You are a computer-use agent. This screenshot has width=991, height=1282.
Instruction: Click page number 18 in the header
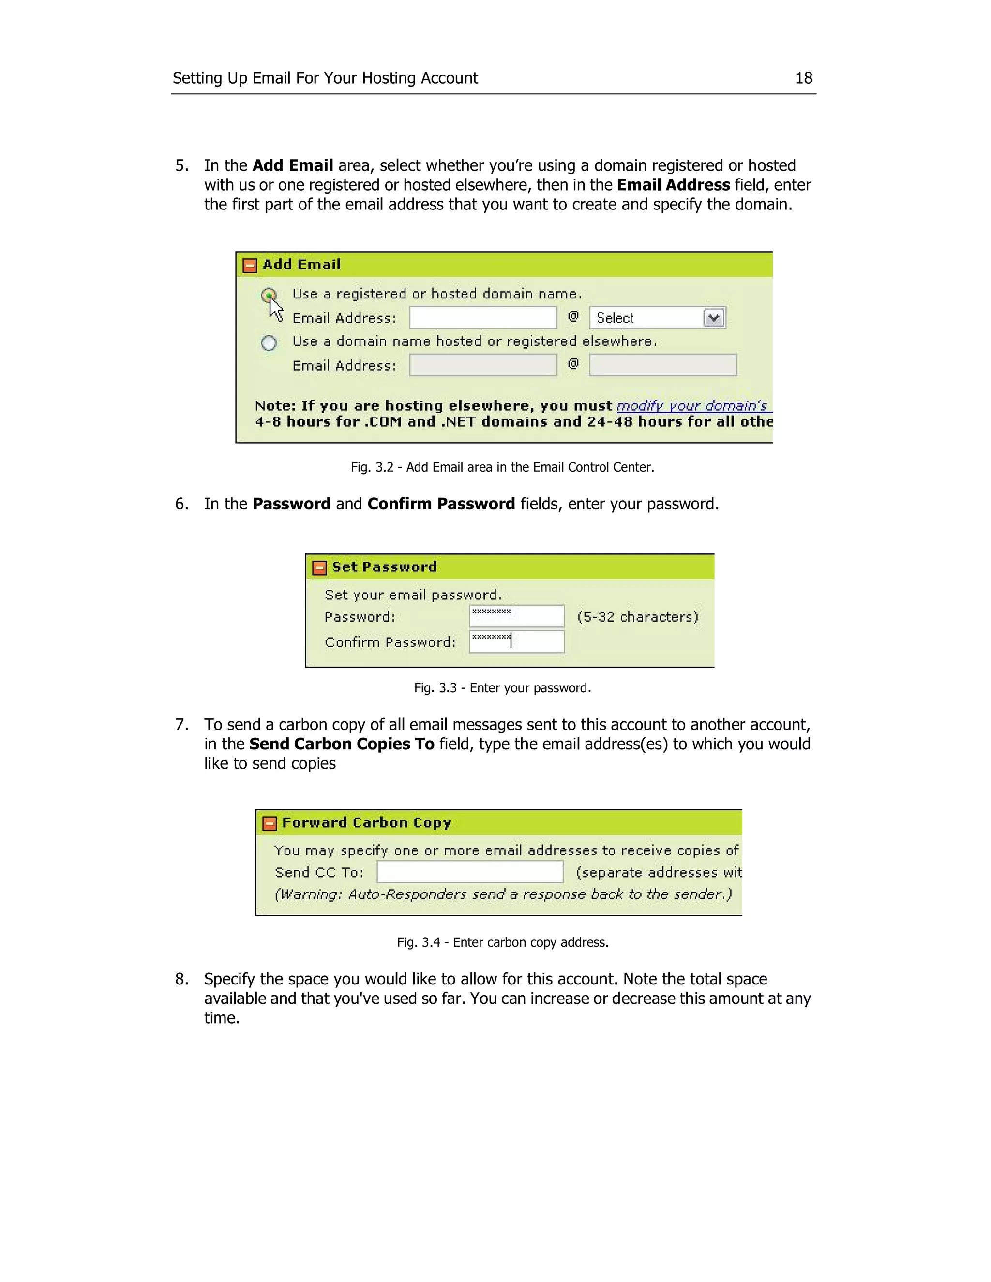pyautogui.click(x=803, y=78)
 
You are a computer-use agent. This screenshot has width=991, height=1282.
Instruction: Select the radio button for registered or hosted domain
pyautogui.click(x=268, y=295)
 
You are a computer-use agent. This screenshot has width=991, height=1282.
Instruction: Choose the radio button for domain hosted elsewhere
pyautogui.click(x=268, y=343)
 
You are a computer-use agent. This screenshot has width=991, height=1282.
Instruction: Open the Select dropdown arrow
pyautogui.click(x=714, y=318)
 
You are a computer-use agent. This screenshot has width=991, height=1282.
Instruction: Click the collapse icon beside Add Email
pyautogui.click(x=250, y=265)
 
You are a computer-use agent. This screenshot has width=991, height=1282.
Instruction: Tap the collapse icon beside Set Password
pyautogui.click(x=319, y=567)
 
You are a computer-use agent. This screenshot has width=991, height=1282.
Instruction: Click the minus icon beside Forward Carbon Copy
pyautogui.click(x=270, y=823)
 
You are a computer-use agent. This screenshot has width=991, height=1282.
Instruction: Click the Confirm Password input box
pyautogui.click(x=517, y=641)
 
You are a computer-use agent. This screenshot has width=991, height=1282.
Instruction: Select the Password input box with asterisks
pyautogui.click(x=517, y=616)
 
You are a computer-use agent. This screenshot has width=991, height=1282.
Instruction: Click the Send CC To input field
pyautogui.click(x=470, y=872)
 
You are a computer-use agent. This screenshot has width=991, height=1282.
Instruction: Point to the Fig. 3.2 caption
pyautogui.click(x=502, y=467)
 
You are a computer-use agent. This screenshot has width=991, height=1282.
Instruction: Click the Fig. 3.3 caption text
pyautogui.click(x=502, y=688)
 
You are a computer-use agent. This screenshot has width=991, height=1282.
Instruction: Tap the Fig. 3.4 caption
pyautogui.click(x=502, y=942)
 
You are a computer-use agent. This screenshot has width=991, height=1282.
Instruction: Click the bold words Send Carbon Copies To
pyautogui.click(x=342, y=745)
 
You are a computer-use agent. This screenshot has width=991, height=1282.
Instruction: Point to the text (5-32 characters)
pyautogui.click(x=638, y=617)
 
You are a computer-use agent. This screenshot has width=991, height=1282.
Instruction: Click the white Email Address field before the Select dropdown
pyautogui.click(x=482, y=318)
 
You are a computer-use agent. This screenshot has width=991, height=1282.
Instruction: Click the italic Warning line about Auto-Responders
pyautogui.click(x=503, y=894)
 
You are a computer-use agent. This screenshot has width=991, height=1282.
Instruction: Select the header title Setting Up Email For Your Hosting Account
pyautogui.click(x=325, y=78)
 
